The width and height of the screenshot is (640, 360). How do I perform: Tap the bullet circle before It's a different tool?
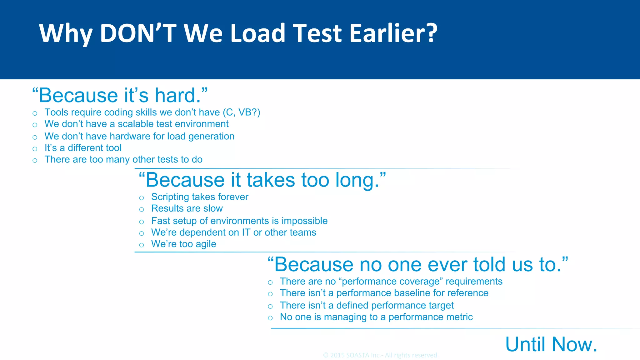[35, 149]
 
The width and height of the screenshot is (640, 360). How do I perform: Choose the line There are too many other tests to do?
[123, 159]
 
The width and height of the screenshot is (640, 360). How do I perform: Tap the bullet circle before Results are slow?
[142, 210]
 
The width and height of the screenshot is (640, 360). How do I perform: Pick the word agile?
[205, 244]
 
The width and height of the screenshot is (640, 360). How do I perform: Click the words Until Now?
[551, 344]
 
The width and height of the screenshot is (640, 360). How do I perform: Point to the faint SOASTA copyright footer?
[381, 355]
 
